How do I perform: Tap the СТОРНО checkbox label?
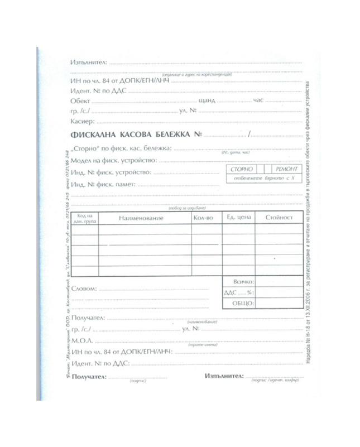241,169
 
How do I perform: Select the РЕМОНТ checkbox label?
287,169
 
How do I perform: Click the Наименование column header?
141,218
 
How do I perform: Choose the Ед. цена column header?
238,217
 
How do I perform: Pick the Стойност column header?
279,217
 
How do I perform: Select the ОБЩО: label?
244,303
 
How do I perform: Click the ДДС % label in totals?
238,292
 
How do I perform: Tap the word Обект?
80,101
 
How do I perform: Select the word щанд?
207,101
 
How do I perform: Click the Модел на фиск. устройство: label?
114,161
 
